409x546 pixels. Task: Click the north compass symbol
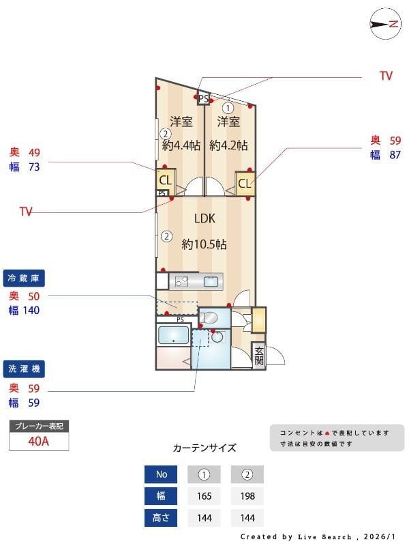(x=384, y=24)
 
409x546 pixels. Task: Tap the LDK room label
(x=204, y=219)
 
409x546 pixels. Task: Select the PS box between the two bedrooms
(x=203, y=98)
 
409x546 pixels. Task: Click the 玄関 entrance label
(x=259, y=355)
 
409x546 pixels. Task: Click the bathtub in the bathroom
(x=173, y=335)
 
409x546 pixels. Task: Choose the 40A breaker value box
(x=39, y=441)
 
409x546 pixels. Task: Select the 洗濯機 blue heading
(x=25, y=369)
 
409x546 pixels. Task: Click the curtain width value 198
(x=247, y=496)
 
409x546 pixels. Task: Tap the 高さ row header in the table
(x=161, y=518)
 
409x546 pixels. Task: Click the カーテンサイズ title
(x=204, y=448)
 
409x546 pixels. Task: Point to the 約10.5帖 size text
(x=204, y=244)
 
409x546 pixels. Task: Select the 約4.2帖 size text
(x=228, y=145)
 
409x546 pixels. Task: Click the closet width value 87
(x=395, y=155)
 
